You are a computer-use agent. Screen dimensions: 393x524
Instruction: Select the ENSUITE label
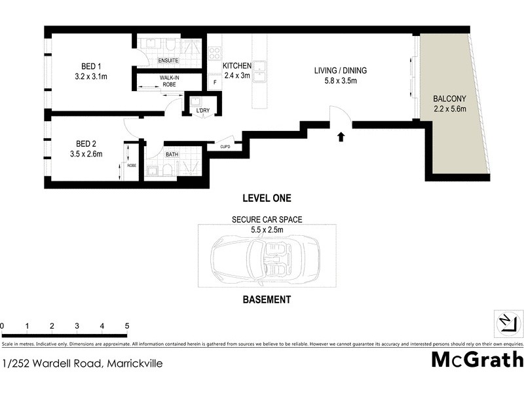click(168, 61)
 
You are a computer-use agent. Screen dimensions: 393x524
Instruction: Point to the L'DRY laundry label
click(203, 111)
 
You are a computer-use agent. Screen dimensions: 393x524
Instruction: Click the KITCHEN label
click(237, 66)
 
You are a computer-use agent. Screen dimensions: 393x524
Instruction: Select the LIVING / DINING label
click(340, 71)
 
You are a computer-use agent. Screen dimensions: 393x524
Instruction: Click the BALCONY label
click(449, 99)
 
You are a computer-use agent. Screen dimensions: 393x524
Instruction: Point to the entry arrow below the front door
click(341, 137)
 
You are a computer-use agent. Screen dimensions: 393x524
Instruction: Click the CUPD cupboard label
click(225, 147)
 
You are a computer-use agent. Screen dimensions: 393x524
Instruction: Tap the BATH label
click(172, 155)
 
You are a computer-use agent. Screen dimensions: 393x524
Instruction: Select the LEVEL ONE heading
click(267, 198)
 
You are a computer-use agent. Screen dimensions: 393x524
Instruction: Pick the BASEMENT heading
click(267, 299)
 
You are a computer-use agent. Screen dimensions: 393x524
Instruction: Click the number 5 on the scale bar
click(127, 326)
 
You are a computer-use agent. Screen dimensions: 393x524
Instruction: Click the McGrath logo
click(477, 360)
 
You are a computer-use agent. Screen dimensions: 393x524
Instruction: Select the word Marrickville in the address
click(134, 363)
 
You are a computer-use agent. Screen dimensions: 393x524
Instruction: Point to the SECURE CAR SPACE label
click(267, 220)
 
